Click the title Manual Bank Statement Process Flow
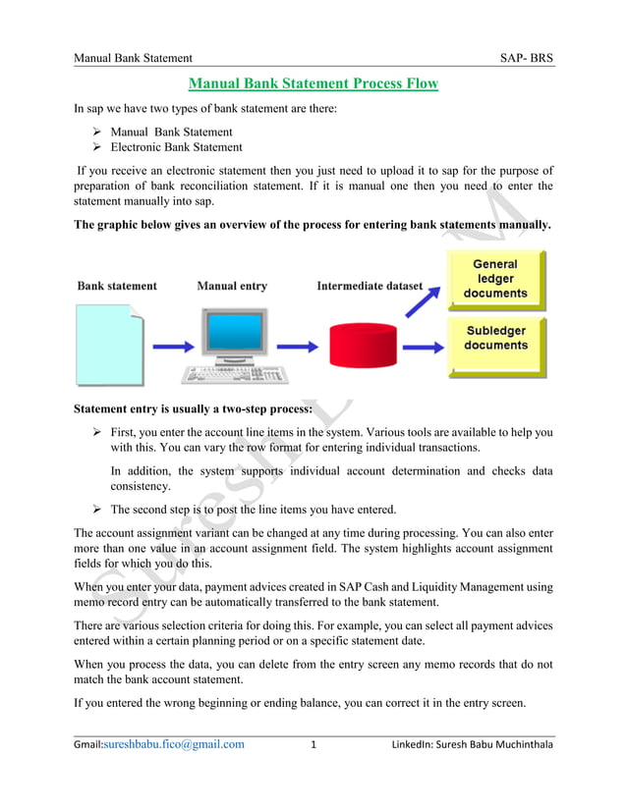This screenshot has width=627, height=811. click(313, 83)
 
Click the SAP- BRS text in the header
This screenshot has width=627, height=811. click(527, 60)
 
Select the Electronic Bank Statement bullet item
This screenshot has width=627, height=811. click(176, 147)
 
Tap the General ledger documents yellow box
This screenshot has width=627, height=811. click(495, 279)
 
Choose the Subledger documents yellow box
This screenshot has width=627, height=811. click(495, 339)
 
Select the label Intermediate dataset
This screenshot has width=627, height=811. click(370, 286)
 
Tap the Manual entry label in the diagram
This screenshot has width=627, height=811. click(231, 286)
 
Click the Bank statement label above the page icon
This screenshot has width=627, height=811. click(117, 286)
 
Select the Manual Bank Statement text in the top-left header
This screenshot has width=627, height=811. click(133, 60)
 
